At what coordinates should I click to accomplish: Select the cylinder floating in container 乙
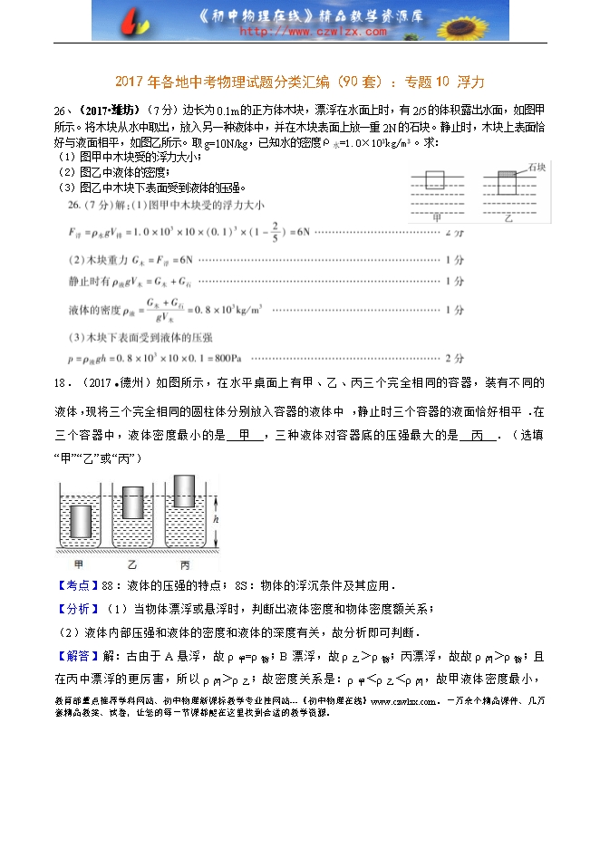pos(133,501)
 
